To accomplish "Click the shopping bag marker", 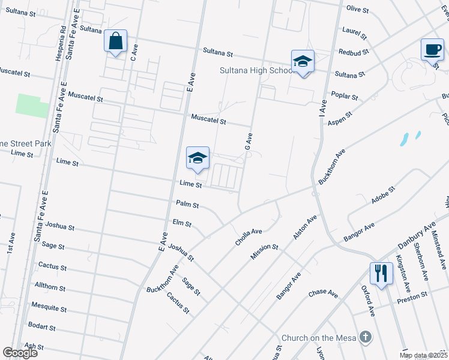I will (115, 41).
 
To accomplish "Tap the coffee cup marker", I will (432, 49).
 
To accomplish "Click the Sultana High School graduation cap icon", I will (303, 61).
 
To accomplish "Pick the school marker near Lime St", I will (197, 158).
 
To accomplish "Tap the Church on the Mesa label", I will (319, 338).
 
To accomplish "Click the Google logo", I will (20, 352).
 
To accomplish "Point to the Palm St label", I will (187, 205).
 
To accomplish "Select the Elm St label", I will (181, 224).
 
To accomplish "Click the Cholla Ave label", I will (249, 236).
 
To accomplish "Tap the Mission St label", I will (265, 253).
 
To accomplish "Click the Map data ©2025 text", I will (423, 355).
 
